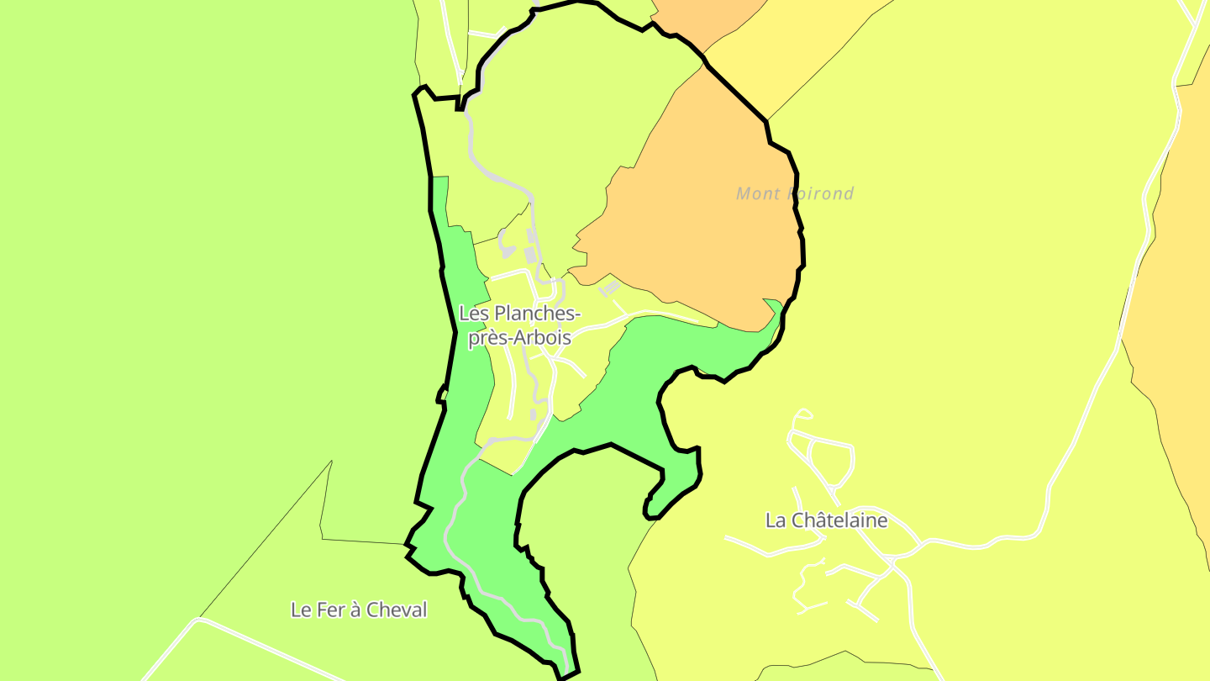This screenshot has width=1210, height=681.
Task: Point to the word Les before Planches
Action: (x=474, y=314)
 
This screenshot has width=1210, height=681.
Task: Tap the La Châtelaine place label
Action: (x=826, y=520)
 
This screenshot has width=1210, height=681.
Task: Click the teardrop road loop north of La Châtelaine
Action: (x=803, y=413)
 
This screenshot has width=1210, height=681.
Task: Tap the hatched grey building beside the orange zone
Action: (x=609, y=288)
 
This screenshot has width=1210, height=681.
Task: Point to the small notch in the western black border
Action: (x=440, y=395)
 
